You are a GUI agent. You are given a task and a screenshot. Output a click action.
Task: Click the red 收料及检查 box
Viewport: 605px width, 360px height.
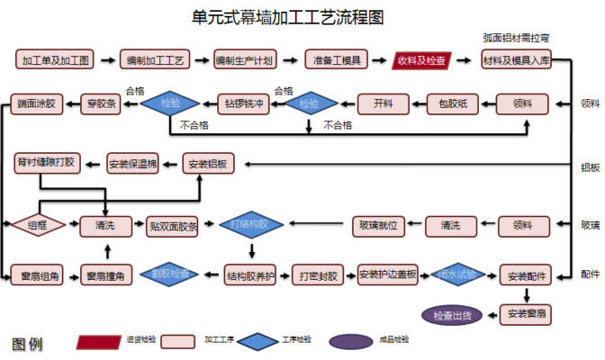coord(422,60)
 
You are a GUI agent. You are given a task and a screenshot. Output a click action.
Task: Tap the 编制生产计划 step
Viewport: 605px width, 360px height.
coord(244,60)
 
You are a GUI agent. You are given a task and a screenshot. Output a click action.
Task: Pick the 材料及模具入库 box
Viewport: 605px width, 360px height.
coord(516,60)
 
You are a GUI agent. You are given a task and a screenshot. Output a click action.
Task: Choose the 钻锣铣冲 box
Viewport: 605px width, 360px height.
coord(244,103)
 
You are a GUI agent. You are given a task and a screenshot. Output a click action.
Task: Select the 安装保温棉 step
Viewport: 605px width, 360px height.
coord(132,164)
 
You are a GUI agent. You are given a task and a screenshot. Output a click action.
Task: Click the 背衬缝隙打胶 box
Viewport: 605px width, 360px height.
coord(46,163)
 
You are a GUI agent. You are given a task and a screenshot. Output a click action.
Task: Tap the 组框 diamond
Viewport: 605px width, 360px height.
coord(38,225)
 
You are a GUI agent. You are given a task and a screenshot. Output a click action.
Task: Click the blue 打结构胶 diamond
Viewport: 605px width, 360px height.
coord(250,224)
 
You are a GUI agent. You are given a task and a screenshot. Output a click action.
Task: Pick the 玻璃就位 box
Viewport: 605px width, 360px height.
coord(378,225)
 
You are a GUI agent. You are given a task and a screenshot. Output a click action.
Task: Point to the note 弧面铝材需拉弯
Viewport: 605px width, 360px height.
coord(516,39)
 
